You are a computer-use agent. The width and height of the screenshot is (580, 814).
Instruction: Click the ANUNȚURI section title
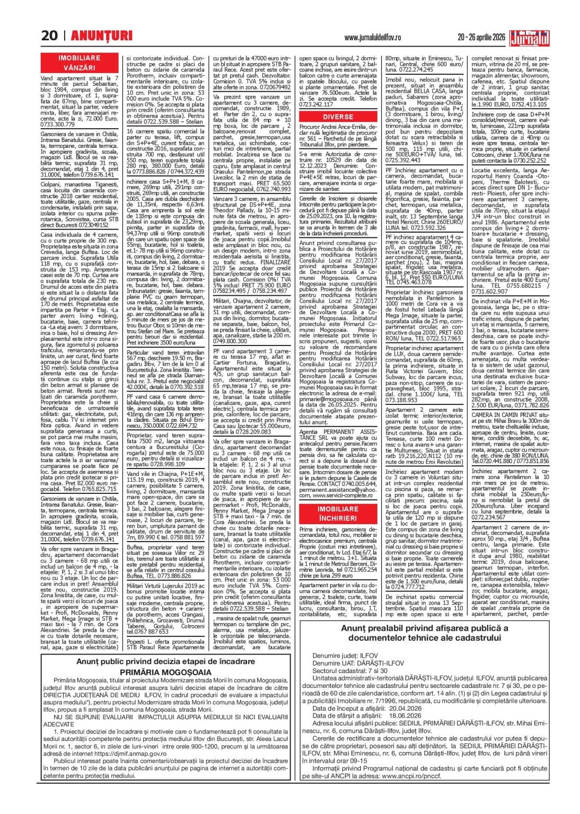(x=101, y=36)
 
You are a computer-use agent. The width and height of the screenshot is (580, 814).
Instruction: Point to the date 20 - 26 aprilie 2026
(x=481, y=38)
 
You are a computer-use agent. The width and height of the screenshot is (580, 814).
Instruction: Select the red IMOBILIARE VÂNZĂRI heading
(x=79, y=63)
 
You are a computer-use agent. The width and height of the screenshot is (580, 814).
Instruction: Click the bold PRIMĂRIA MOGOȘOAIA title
(x=165, y=672)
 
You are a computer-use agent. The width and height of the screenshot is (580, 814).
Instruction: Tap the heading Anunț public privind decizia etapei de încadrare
(x=165, y=661)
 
